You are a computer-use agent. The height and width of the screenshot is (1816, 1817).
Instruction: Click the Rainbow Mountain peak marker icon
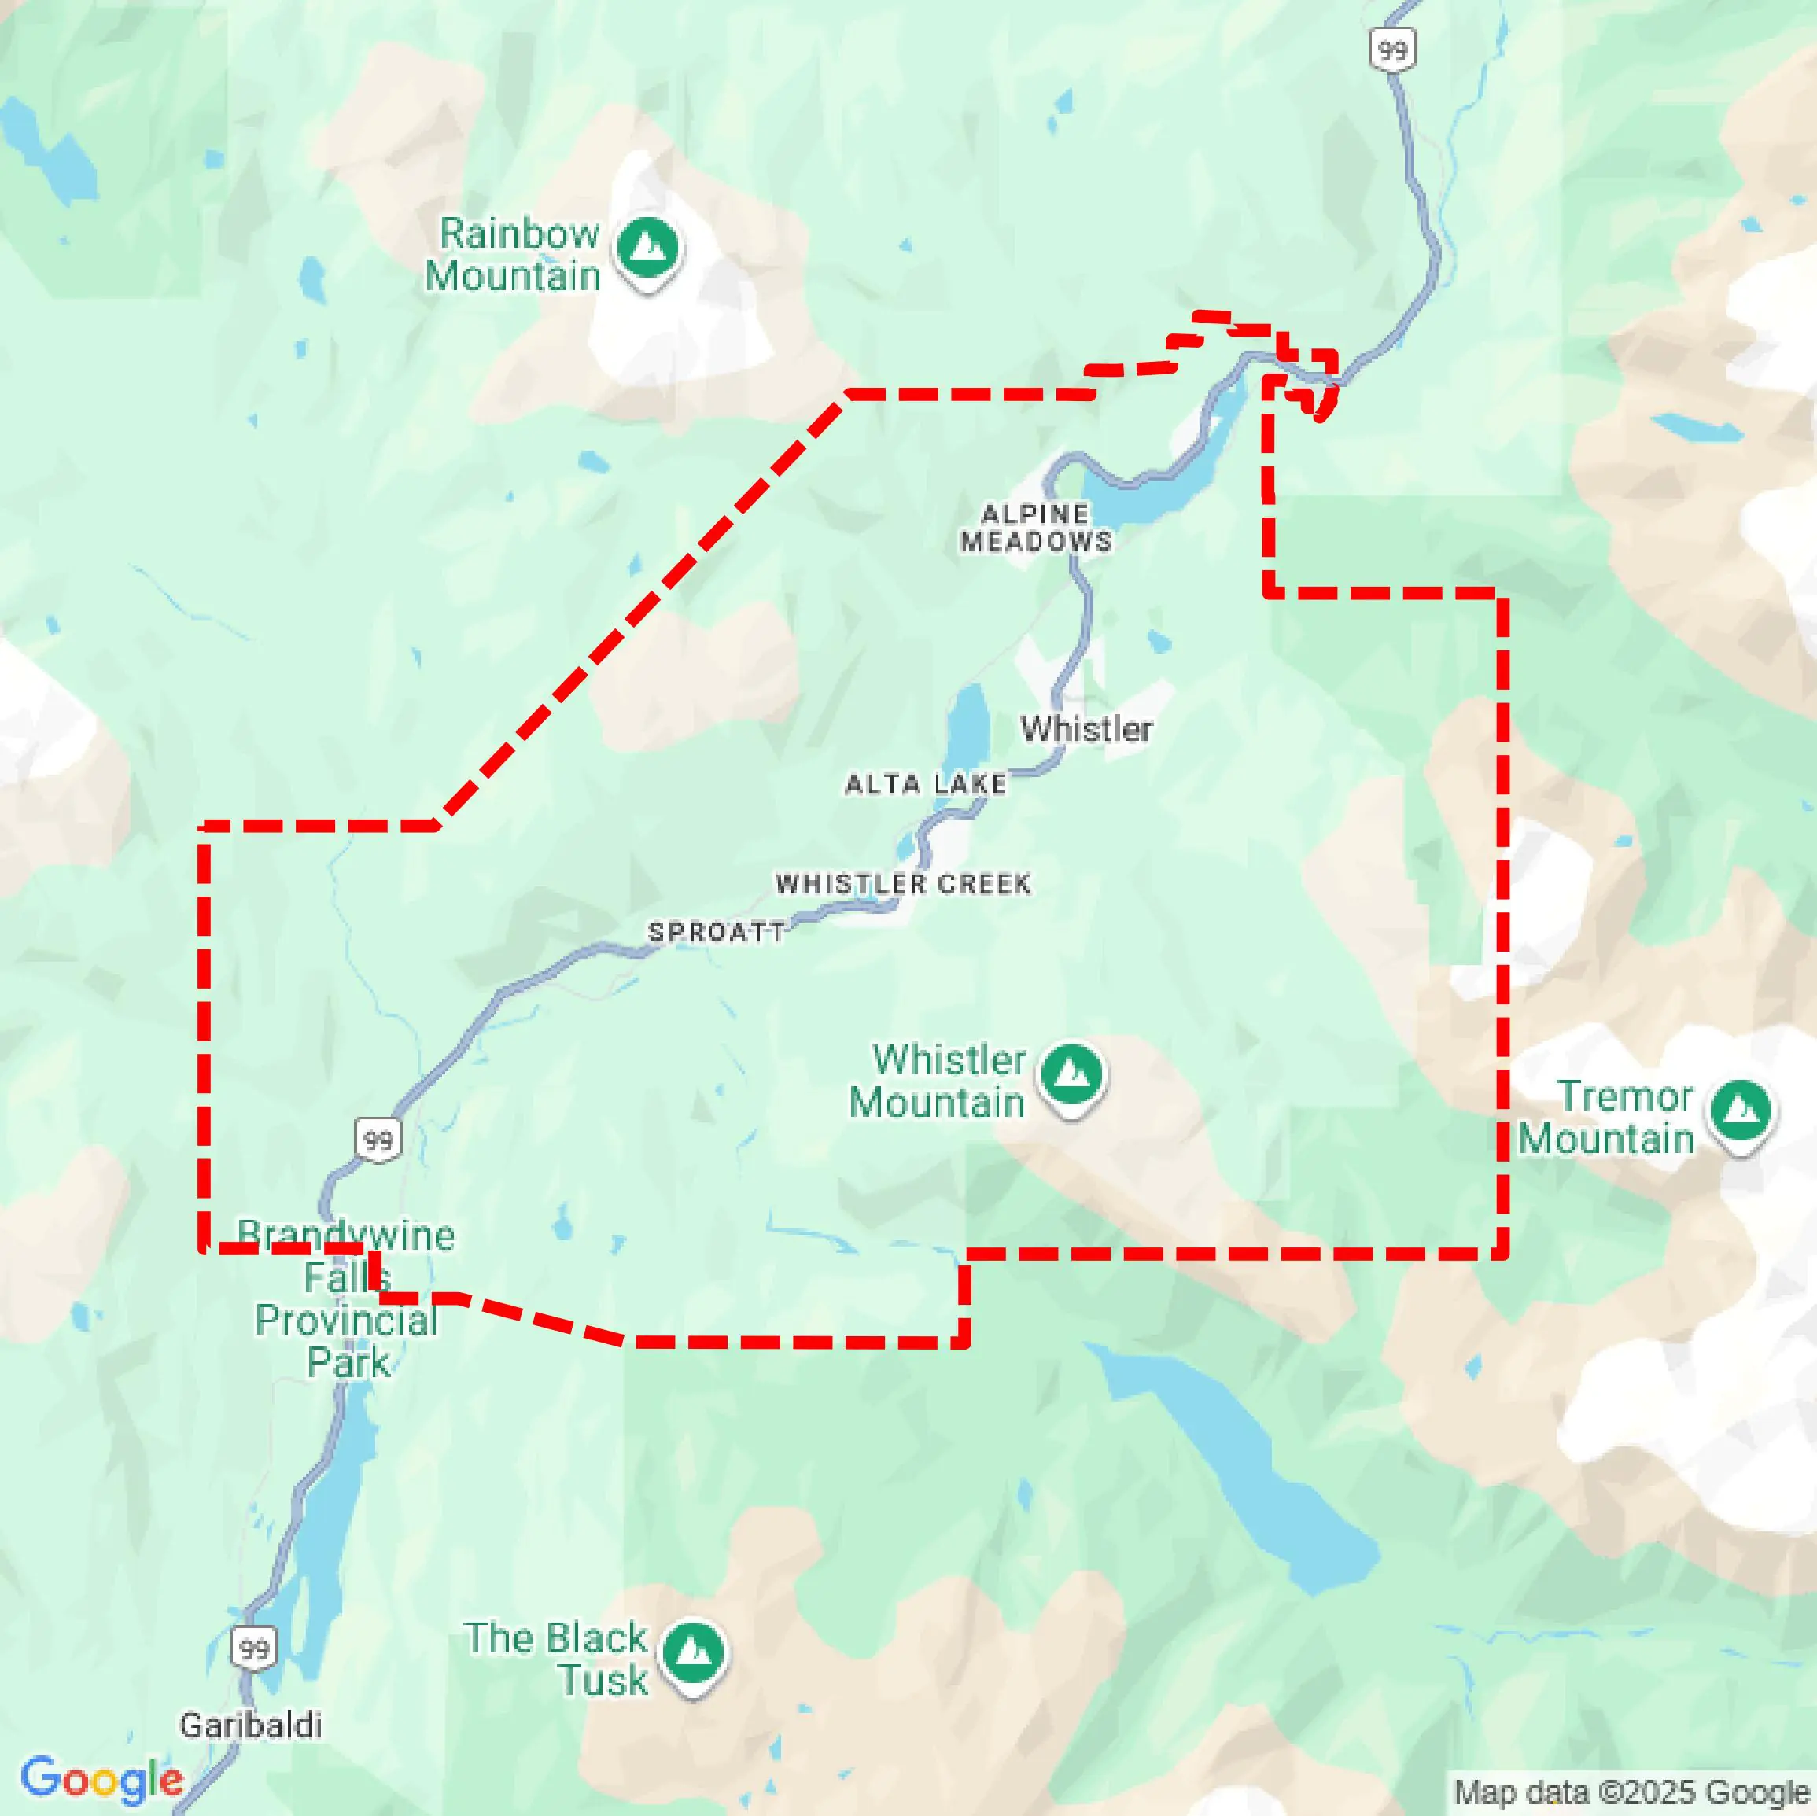pos(647,249)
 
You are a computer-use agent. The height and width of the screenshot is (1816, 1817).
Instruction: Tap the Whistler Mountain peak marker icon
pos(1071,1074)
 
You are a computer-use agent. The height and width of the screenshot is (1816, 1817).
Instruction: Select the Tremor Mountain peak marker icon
pos(1741,1111)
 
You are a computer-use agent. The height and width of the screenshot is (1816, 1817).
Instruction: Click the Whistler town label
pos(1086,729)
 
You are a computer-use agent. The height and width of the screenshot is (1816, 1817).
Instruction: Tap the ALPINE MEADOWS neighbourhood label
pos(1035,528)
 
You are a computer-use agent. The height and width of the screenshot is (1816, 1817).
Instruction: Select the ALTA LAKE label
pos(926,783)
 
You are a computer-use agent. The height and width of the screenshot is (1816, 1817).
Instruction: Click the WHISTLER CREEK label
pos(903,883)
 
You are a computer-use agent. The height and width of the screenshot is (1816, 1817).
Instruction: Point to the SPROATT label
pos(717,931)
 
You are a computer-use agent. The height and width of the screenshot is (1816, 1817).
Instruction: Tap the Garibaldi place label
pos(250,1725)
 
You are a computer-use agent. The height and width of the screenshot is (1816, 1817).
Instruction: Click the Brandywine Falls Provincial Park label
pos(347,1298)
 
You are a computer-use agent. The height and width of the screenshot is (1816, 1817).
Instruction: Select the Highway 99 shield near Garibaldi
pos(254,1648)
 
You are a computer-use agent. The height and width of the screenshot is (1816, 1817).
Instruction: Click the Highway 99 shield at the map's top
pos(1392,49)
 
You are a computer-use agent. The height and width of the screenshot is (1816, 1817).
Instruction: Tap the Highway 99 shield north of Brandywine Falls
pos(378,1140)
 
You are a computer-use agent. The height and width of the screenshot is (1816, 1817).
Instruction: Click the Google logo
pos(101,1778)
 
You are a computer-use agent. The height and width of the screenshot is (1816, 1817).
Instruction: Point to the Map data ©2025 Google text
pos(1631,1792)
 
